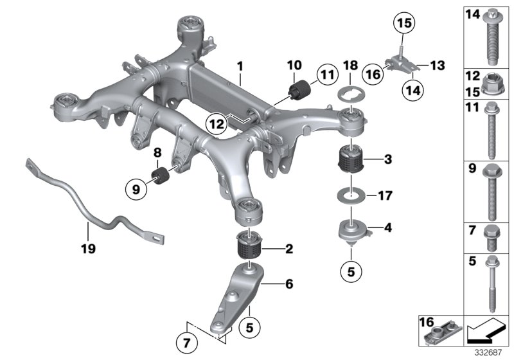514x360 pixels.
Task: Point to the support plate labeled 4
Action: pos(352,230)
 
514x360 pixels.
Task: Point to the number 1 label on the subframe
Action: pos(239,66)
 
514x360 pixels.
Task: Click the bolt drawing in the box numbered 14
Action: pos(493,39)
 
